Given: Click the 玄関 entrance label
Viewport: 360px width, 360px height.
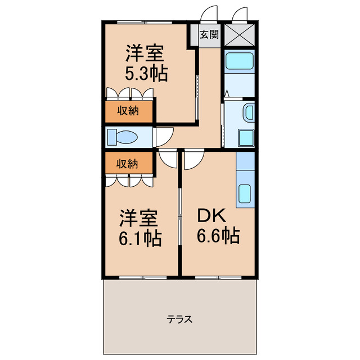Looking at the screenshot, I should tap(209, 34).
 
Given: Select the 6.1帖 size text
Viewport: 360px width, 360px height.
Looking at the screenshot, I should tap(139, 239).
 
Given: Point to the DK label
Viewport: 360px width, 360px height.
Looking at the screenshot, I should tap(210, 215).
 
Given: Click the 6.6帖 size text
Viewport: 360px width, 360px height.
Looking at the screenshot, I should tap(218, 235).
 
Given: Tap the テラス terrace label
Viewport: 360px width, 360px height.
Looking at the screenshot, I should tap(180, 319).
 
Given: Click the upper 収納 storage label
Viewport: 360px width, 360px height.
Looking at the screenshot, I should tap(128, 110).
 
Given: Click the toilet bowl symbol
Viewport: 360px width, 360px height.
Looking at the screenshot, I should tap(124, 137).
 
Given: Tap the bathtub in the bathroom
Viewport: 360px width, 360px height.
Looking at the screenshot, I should tap(239, 61).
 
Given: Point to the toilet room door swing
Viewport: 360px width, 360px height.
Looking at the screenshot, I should tap(164, 136).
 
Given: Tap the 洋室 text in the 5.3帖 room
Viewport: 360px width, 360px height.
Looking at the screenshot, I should tap(145, 55).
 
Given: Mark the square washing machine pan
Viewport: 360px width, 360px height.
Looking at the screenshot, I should tap(246, 137).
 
